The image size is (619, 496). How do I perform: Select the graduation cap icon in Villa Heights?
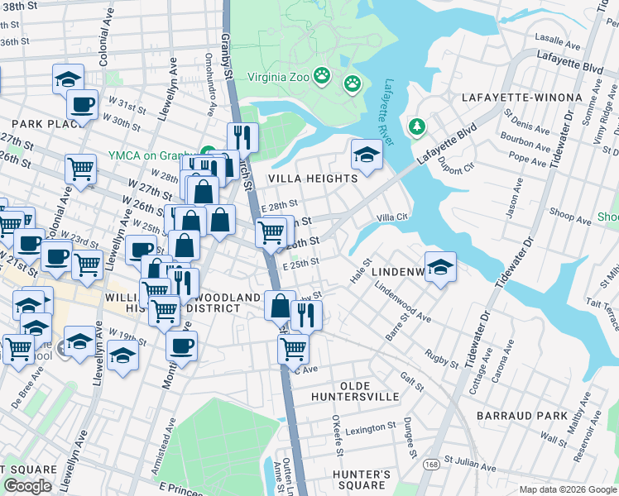pos(366,155)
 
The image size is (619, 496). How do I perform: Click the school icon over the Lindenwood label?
pos(441,268)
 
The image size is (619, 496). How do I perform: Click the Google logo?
pos(27,485)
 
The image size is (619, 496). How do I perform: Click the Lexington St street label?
pos(371,429)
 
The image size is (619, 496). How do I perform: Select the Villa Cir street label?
pos(393,217)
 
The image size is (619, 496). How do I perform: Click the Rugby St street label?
pos(441,357)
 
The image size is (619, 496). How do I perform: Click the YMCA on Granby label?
pos(153,155)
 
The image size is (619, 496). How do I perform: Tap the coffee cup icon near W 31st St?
pos(82,105)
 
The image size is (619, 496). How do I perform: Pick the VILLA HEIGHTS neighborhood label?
pos(311,178)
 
